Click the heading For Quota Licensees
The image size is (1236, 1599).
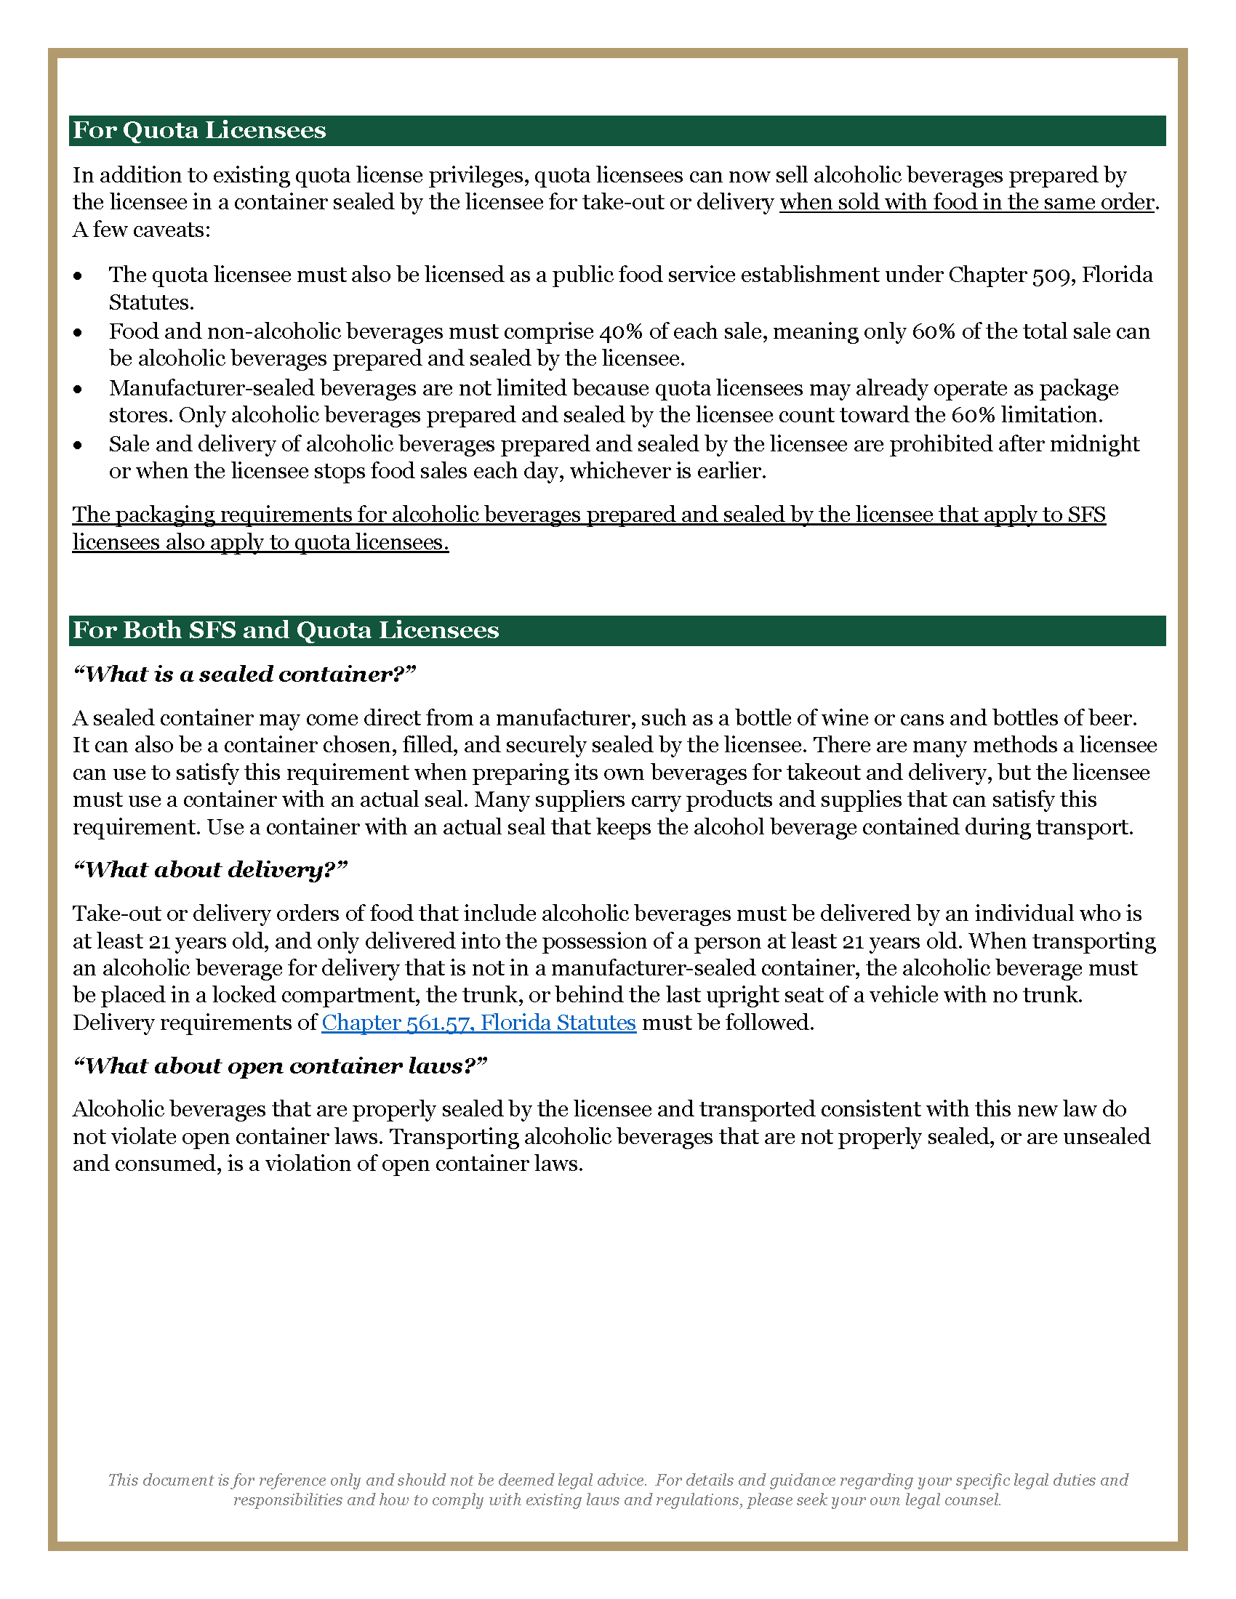199,130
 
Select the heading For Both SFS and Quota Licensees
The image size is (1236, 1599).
286,630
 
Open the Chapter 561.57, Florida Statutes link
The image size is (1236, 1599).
479,1022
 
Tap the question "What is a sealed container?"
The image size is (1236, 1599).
244,674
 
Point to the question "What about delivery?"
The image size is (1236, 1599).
210,870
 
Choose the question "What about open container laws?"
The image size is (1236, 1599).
280,1066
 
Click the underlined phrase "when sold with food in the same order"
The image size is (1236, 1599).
966,203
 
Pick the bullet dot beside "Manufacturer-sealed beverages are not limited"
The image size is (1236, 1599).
79,389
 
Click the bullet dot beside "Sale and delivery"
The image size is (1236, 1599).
79,445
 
